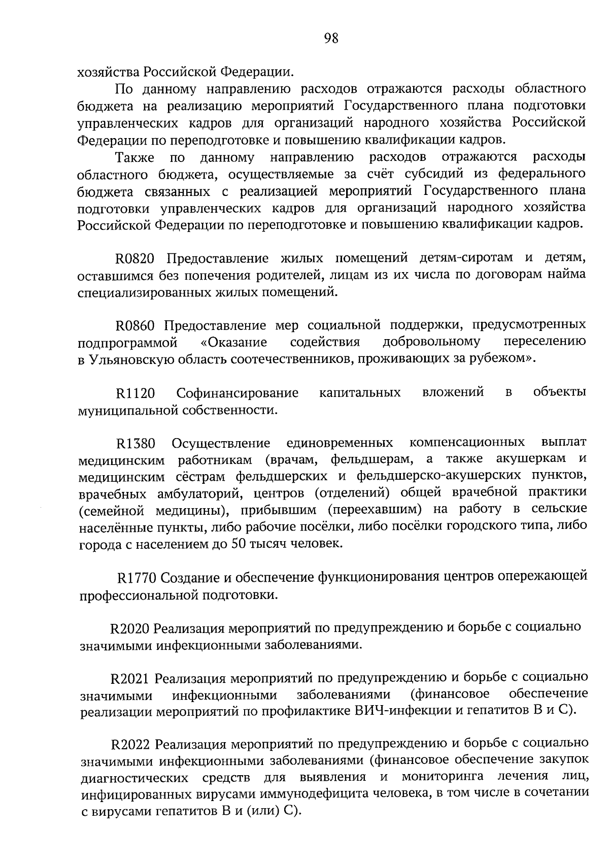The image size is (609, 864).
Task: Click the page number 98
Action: [331, 38]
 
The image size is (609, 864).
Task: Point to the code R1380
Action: [136, 444]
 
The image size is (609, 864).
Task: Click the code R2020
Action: [129, 628]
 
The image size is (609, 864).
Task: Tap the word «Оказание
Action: [231, 342]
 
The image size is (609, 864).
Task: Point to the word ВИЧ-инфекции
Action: [395, 711]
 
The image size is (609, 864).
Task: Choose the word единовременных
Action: [340, 443]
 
